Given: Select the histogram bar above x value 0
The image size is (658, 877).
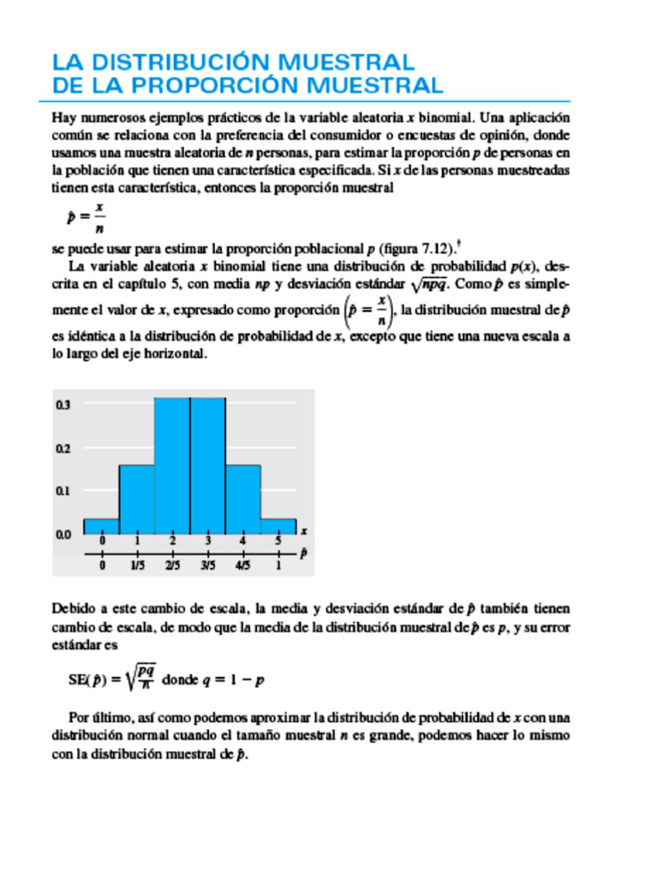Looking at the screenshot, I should click(101, 527).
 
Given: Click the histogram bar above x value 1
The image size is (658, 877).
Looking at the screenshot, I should click(136, 499).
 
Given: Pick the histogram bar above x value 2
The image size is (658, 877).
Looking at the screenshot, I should click(172, 466).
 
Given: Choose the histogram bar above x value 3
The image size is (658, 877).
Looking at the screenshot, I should click(207, 466).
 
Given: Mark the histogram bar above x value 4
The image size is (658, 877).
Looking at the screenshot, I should click(242, 499).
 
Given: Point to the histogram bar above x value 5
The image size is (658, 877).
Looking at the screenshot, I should click(278, 527).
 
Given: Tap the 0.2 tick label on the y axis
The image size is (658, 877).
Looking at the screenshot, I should click(63, 447).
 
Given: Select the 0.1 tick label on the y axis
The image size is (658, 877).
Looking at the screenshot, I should click(63, 491).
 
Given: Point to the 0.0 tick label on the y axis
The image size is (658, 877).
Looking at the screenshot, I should click(63, 535).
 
